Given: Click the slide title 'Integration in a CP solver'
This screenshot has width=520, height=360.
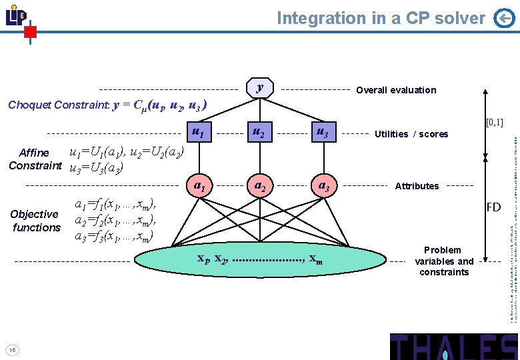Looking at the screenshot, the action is click(x=381, y=18).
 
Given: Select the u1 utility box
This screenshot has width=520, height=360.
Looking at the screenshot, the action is click(x=198, y=132).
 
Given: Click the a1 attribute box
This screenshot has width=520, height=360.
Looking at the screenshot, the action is click(x=198, y=184).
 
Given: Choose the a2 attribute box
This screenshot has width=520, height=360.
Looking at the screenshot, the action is click(x=259, y=184).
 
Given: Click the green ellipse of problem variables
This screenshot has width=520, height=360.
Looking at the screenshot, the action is click(x=259, y=260).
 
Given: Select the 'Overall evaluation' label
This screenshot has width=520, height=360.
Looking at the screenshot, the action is click(x=396, y=90).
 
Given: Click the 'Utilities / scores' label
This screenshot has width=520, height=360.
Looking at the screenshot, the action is click(x=411, y=134).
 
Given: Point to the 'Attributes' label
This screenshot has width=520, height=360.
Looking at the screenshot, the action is click(x=417, y=186).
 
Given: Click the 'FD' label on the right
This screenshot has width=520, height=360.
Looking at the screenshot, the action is click(x=493, y=207).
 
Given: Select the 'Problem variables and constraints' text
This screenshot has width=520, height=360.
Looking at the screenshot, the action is click(x=444, y=261).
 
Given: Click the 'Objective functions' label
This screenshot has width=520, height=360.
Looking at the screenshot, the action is click(x=35, y=221).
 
